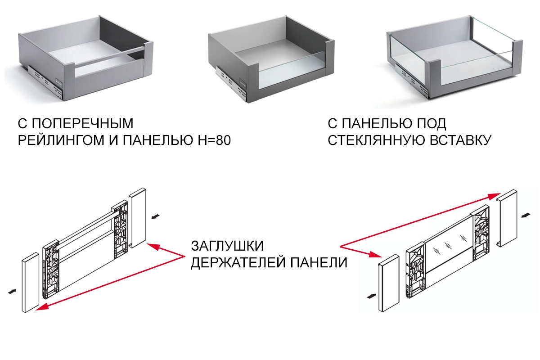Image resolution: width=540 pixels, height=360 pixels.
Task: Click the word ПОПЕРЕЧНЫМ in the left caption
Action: (x=90, y=123)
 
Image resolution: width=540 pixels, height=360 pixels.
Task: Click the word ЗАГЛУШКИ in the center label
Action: (x=227, y=247)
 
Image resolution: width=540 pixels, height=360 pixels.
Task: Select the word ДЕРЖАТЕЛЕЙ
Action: (x=236, y=263)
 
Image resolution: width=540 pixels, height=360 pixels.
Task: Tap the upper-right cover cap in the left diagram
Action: (x=139, y=218)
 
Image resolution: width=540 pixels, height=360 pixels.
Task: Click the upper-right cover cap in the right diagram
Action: (x=508, y=218)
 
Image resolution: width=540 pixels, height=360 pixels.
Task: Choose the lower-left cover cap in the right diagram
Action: (x=388, y=283)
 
